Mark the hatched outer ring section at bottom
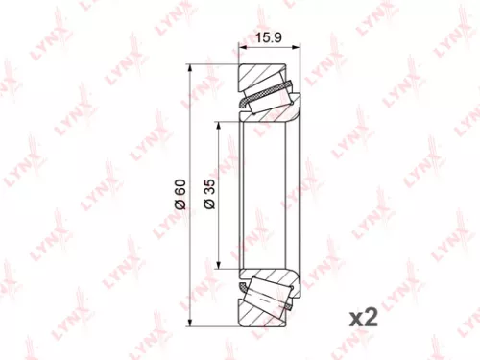click(x=264, y=314)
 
